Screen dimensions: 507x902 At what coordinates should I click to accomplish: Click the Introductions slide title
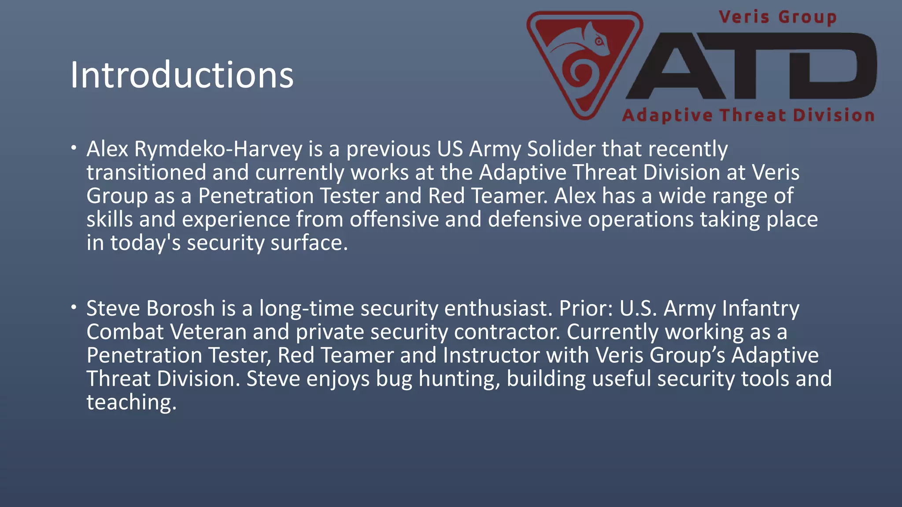click(x=181, y=75)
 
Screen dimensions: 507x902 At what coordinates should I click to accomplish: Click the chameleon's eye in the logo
click(x=599, y=42)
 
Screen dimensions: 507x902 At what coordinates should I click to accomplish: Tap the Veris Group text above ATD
click(x=777, y=18)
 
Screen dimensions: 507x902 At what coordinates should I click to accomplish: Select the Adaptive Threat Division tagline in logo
click(x=748, y=115)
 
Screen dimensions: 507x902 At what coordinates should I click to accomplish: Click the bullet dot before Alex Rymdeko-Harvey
click(x=74, y=147)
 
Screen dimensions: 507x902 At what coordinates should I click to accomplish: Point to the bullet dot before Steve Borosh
click(x=74, y=307)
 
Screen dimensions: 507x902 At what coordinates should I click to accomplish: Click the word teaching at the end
click(x=131, y=402)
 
